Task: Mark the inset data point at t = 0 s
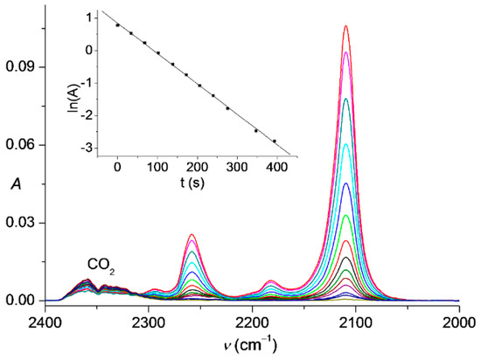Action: click(x=117, y=25)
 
